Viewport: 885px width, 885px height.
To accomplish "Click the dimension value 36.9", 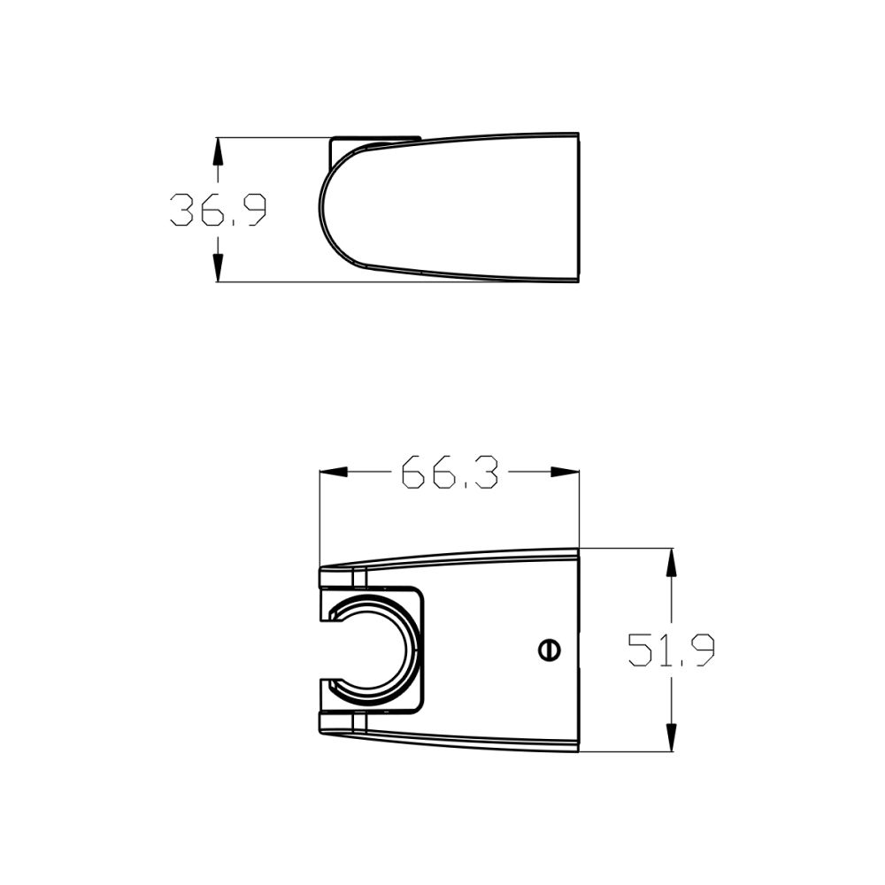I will point(218,211).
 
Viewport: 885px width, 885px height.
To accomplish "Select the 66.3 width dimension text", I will point(449,473).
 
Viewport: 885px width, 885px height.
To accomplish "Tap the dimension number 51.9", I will point(671,650).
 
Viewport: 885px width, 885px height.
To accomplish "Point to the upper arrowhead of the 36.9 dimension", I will point(219,150).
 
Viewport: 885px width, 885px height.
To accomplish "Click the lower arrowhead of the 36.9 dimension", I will point(219,269).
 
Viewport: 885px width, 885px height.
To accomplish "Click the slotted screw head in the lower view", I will point(549,650).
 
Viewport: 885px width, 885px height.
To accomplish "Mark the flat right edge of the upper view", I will point(578,209).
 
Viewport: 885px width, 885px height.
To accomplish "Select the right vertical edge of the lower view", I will point(578,650).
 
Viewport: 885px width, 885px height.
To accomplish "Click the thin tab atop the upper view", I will point(375,140).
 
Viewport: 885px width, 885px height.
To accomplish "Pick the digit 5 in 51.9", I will point(641,650).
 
